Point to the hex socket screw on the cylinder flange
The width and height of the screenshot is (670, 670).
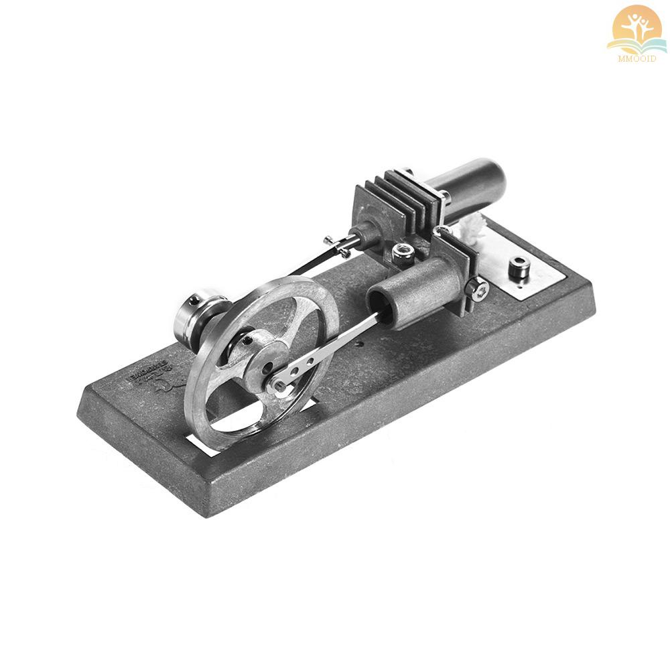pyautogui.click(x=478, y=290)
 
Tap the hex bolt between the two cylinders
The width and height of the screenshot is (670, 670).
pyautogui.click(x=402, y=251)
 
